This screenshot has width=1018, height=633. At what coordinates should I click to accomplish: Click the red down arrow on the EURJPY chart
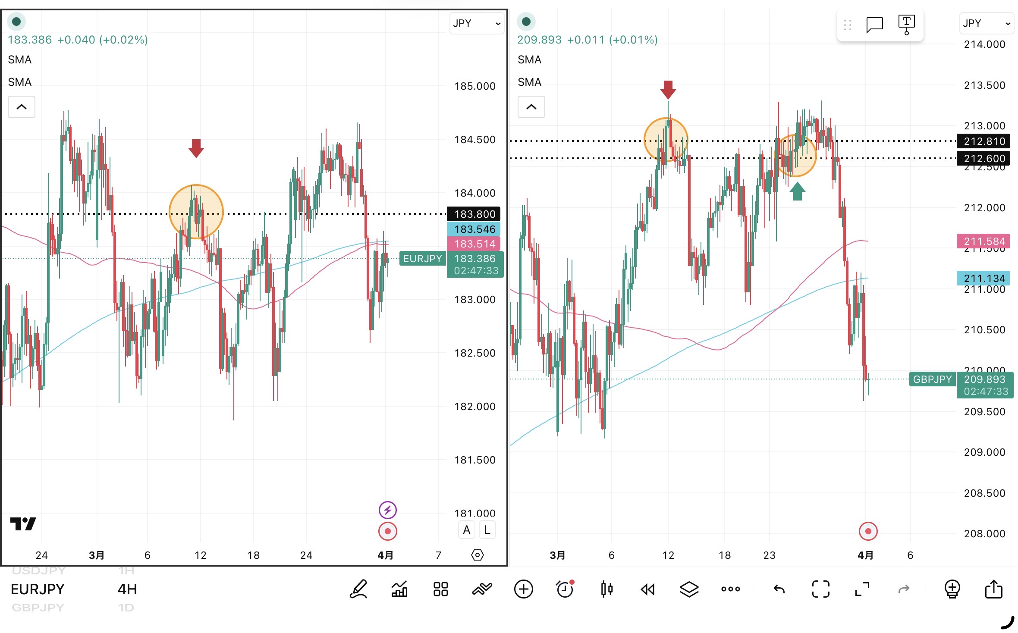pyautogui.click(x=196, y=148)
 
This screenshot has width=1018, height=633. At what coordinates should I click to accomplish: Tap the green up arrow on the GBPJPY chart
pyautogui.click(x=797, y=191)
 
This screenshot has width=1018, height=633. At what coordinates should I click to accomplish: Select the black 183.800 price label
pyautogui.click(x=474, y=214)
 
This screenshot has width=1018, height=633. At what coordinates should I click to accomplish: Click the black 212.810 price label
pyautogui.click(x=984, y=141)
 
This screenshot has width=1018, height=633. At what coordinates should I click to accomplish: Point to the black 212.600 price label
pyautogui.click(x=984, y=158)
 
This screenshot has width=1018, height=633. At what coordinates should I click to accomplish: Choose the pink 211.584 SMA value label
pyautogui.click(x=984, y=241)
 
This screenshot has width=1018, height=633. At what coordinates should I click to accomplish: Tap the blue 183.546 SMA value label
pyautogui.click(x=474, y=229)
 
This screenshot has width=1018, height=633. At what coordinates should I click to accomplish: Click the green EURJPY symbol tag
pyautogui.click(x=422, y=258)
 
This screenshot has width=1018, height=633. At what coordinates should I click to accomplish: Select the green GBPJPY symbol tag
pyautogui.click(x=932, y=379)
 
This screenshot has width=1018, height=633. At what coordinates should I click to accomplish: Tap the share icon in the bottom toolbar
pyautogui.click(x=993, y=589)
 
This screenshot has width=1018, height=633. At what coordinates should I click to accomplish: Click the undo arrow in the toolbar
pyautogui.click(x=779, y=589)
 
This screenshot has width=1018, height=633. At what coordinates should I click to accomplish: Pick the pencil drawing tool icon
pyautogui.click(x=358, y=589)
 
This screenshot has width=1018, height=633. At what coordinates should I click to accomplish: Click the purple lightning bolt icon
pyautogui.click(x=387, y=510)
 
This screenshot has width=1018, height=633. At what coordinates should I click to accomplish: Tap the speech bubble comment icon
pyautogui.click(x=874, y=25)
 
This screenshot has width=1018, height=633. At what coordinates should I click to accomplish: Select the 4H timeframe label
pyautogui.click(x=127, y=589)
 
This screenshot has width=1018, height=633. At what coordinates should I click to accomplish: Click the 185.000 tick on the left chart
pyautogui.click(x=474, y=86)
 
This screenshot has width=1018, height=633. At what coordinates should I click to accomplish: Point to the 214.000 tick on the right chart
pyautogui.click(x=984, y=44)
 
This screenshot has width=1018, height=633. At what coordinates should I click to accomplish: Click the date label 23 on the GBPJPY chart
pyautogui.click(x=769, y=555)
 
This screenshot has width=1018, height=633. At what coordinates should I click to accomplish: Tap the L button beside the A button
pyautogui.click(x=487, y=530)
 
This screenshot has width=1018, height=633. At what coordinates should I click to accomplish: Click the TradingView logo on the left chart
pyautogui.click(x=23, y=524)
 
